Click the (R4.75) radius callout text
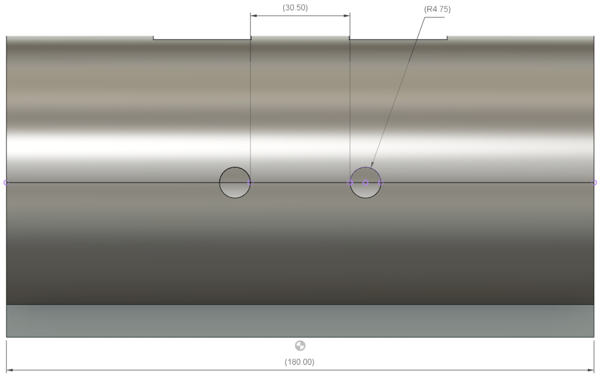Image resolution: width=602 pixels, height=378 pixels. click(x=437, y=9)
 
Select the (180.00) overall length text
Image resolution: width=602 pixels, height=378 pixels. click(x=299, y=362)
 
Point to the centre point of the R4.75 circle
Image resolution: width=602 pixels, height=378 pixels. click(x=365, y=183)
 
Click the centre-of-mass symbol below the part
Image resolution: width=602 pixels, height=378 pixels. click(x=300, y=346)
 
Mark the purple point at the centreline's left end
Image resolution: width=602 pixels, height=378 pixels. click(x=6, y=183)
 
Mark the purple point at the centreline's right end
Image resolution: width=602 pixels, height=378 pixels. click(x=594, y=183)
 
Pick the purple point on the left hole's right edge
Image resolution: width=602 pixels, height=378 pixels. click(x=250, y=183)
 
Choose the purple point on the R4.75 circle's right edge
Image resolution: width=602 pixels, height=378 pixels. click(x=381, y=183)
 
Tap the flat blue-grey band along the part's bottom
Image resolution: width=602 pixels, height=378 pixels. click(x=300, y=321)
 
